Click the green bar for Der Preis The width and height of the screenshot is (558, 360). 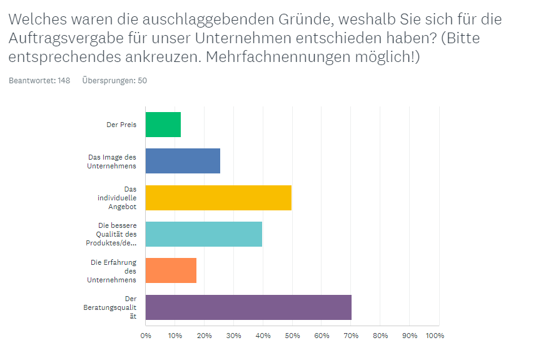click(163, 125)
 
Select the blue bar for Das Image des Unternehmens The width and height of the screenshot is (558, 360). click(183, 161)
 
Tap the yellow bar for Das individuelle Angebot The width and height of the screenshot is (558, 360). click(218, 197)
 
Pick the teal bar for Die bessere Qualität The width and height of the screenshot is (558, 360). click(204, 234)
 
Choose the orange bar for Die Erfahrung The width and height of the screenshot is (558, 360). click(171, 270)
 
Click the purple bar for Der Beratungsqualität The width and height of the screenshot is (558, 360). click(248, 307)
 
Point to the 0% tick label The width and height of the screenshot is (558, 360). click(146, 336)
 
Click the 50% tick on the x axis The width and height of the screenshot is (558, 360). click(292, 336)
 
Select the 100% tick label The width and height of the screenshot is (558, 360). click(434, 336)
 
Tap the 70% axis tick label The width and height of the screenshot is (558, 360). click(350, 336)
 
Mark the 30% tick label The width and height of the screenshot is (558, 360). click(233, 336)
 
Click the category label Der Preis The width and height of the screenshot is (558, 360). click(121, 125)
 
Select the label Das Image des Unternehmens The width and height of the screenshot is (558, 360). click(112, 162)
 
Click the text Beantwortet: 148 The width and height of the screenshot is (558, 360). click(39, 80)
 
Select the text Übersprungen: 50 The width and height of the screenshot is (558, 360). click(114, 80)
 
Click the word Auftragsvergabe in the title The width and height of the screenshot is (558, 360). click(65, 38)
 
